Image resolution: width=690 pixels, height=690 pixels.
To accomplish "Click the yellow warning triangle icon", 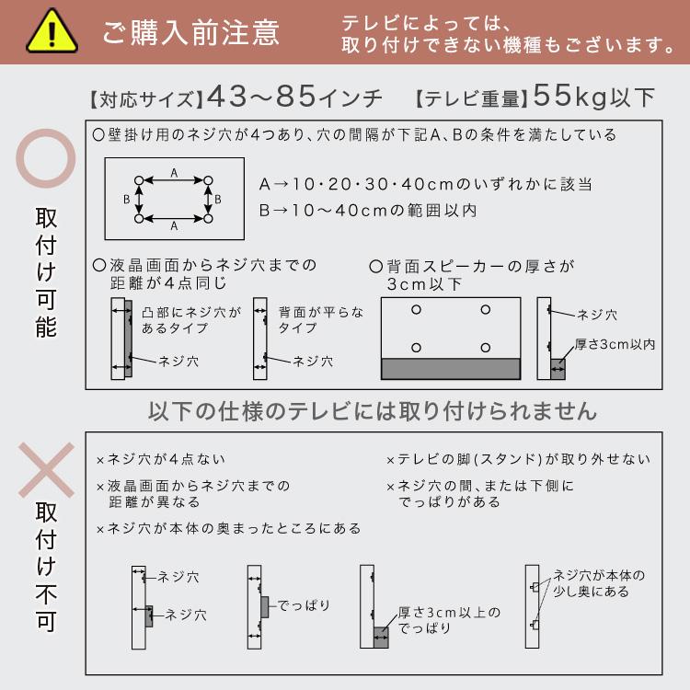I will pyautogui.click(x=51, y=32).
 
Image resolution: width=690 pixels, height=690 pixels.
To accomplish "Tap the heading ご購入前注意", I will pyautogui.click(x=191, y=33).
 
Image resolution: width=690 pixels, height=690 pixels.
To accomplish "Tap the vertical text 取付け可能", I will pyautogui.click(x=45, y=273).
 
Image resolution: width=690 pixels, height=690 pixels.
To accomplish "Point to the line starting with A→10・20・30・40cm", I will pyautogui.click(x=425, y=184).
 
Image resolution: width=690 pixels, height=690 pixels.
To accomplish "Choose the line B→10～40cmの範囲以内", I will pyautogui.click(x=368, y=211).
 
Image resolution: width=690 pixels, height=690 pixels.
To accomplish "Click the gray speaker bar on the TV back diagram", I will pyautogui.click(x=450, y=368).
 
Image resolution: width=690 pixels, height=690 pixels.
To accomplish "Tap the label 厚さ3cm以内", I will pyautogui.click(x=615, y=344).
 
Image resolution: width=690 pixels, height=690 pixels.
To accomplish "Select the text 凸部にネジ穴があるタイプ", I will pyautogui.click(x=191, y=320).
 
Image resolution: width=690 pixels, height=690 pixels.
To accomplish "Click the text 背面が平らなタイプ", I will pyautogui.click(x=321, y=320).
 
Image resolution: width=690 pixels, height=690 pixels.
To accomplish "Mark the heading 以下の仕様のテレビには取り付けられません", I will pyautogui.click(x=373, y=410).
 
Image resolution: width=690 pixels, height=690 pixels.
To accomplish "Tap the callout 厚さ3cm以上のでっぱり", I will pyautogui.click(x=449, y=620).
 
